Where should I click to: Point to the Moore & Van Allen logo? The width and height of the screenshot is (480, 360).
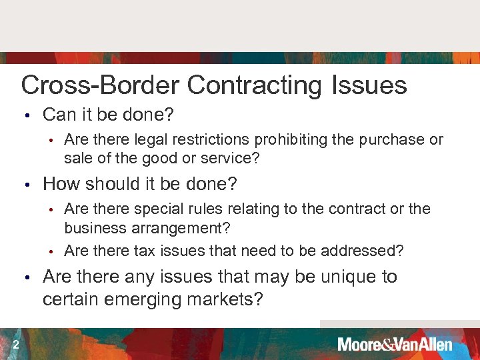[395, 345]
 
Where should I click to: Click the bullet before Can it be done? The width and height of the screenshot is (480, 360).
[27, 115]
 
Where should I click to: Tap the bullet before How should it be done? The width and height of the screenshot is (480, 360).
[27, 184]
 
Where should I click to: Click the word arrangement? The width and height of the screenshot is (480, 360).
[176, 229]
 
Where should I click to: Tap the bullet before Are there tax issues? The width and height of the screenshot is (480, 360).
[50, 251]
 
